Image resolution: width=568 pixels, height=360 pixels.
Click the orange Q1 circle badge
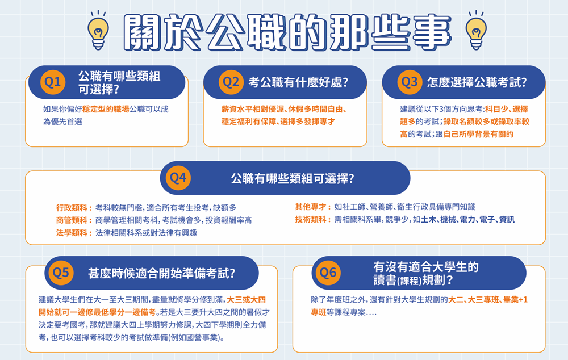tap(53, 82)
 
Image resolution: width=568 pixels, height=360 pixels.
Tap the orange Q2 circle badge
tap(231, 82)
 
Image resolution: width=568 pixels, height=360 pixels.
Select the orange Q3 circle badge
tap(410, 82)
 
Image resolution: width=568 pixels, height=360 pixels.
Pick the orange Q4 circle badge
tap(178, 178)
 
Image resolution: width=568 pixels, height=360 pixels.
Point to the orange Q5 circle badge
tap(61, 273)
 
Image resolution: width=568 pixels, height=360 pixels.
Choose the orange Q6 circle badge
tap(328, 273)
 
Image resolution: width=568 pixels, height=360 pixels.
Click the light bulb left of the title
tap(98, 31)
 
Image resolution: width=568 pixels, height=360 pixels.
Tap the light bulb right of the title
tap(476, 31)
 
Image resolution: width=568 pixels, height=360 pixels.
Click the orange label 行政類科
tap(72, 208)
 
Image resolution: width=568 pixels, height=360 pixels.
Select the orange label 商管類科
tap(72, 220)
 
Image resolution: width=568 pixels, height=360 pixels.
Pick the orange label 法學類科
tap(72, 233)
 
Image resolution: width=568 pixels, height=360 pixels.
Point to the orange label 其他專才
tap(311, 207)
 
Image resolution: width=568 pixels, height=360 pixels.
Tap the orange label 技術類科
tap(311, 220)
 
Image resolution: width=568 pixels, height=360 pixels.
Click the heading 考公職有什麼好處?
tap(298, 82)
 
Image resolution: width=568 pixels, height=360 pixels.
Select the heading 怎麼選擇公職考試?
tap(477, 82)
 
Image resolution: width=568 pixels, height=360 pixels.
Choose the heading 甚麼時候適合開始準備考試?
tap(161, 273)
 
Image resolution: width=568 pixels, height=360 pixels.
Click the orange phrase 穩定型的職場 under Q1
tap(106, 109)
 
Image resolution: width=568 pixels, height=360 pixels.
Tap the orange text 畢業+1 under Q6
tap(516, 300)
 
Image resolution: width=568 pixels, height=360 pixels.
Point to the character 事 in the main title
tap(432, 32)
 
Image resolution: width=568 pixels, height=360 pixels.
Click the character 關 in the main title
tap(142, 32)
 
